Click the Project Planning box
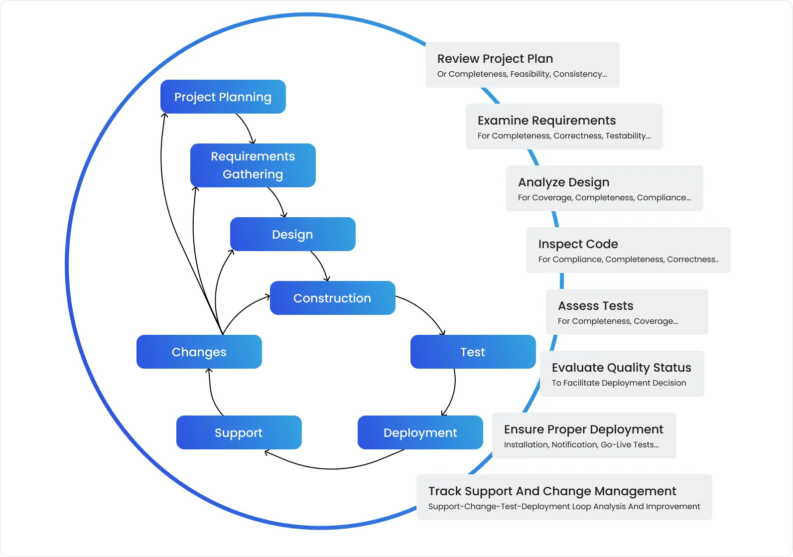[x=223, y=97]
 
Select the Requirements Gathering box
[x=253, y=165]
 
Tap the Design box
[x=292, y=234]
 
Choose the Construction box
[x=332, y=298]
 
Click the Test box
[x=473, y=352]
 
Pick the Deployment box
[x=420, y=432]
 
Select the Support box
[x=239, y=432]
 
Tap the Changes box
[x=199, y=352]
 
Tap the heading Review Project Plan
[x=495, y=59]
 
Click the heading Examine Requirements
[x=546, y=121]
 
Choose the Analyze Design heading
[x=563, y=182]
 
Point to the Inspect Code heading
[x=578, y=244]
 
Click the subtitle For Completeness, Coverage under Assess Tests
[x=618, y=321]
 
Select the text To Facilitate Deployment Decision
[x=619, y=383]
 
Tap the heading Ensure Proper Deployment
[x=583, y=429]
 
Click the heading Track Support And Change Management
[x=552, y=491]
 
